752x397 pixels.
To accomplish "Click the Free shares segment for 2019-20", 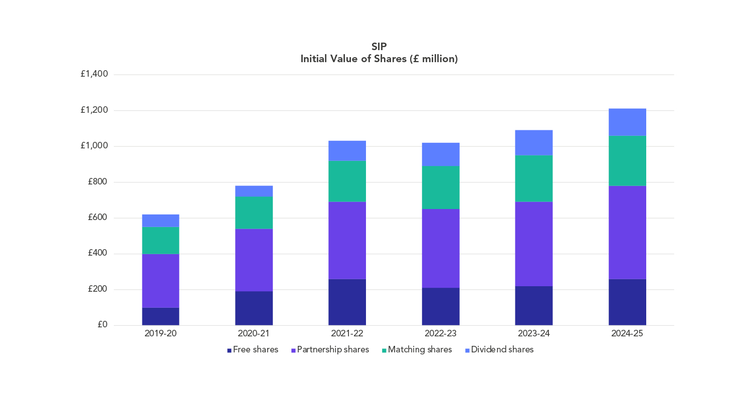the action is [160, 316].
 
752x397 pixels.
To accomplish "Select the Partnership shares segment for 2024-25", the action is [627, 232].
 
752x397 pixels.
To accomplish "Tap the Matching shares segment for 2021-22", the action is [347, 181].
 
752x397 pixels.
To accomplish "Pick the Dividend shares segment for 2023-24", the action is [534, 143].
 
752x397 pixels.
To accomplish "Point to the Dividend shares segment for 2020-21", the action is [254, 191].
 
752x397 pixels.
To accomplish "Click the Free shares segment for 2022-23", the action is [441, 306].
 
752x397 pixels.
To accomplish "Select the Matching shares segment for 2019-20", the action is [160, 240].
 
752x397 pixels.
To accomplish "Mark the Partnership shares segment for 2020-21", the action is [254, 260].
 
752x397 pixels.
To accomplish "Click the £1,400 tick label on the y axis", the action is [94, 74].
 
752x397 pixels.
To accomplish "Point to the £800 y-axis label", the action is [97, 181].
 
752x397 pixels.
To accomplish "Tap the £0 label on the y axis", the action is [102, 324].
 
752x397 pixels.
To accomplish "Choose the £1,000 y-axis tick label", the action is [94, 146].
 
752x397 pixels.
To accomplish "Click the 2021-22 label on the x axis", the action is [347, 333].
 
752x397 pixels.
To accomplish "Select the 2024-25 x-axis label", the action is [627, 333].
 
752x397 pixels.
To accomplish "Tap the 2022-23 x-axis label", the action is [441, 333].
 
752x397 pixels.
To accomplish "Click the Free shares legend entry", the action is [253, 350].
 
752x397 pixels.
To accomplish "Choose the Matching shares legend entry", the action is [417, 350].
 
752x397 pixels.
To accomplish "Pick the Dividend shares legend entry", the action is [499, 350].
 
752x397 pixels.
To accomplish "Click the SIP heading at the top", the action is [379, 46].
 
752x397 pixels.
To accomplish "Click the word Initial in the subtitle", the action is [313, 59].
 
